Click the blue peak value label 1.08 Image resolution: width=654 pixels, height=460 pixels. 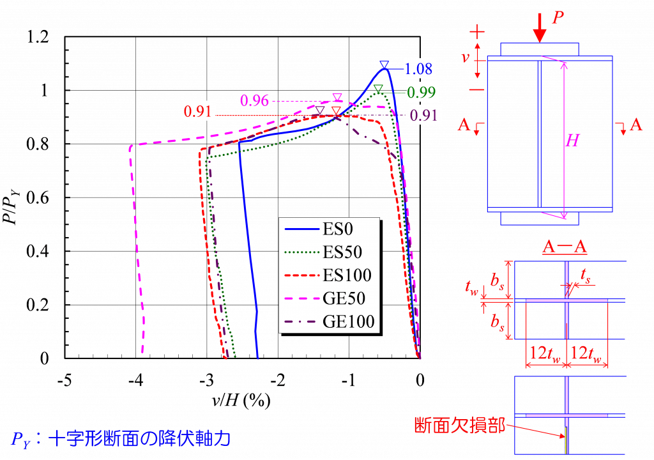click(419, 68)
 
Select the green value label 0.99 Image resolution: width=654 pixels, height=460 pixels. click(422, 93)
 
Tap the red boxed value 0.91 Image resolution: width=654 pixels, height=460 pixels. click(198, 111)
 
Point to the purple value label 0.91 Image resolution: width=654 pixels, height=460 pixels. click(424, 116)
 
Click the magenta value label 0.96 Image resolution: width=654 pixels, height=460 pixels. click(254, 100)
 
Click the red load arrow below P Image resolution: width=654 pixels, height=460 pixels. click(540, 29)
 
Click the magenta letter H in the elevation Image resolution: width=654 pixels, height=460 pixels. click(572, 141)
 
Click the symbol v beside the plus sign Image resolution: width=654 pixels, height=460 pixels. click(466, 57)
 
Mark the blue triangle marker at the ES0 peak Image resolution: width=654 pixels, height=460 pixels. click(384, 65)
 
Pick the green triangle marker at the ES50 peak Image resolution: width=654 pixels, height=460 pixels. click(378, 88)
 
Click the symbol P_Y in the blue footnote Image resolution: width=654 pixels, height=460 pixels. click(19, 440)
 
